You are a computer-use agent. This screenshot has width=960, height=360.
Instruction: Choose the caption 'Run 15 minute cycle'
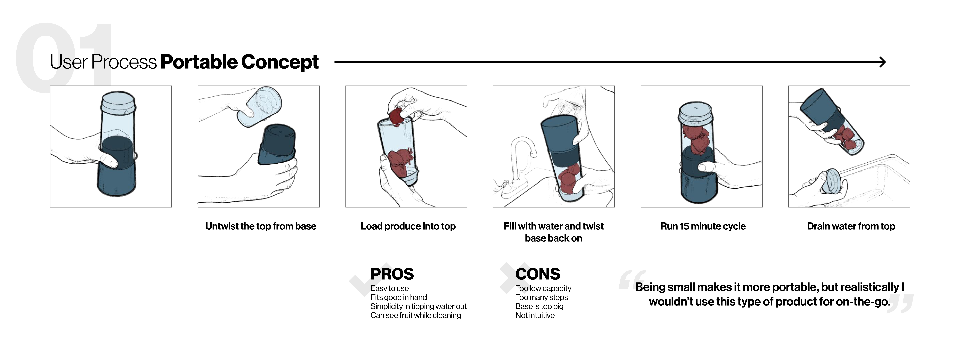pos(703,226)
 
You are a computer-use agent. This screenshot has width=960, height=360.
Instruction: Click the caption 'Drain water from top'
pos(851,226)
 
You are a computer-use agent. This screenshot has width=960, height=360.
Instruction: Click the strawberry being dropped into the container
pos(397,116)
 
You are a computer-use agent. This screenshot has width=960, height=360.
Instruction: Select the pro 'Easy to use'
pos(389,288)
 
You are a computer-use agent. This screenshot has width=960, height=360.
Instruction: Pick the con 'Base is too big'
pos(539,306)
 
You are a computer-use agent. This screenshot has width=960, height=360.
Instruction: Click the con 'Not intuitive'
pos(535,315)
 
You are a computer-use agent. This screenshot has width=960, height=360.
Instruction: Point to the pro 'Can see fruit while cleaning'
pos(416,315)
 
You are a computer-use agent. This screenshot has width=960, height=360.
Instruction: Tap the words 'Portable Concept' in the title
pos(239,62)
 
